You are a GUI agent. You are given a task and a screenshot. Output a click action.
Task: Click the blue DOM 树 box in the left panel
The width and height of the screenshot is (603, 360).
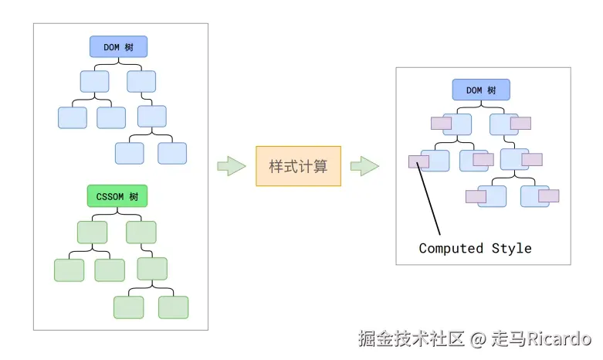[117, 47]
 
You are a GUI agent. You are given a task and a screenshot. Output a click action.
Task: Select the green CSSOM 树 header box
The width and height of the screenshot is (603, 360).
[117, 196]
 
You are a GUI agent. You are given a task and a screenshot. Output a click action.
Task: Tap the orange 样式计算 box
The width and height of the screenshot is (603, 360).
[298, 166]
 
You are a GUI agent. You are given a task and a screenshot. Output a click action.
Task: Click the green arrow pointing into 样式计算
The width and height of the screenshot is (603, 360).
[231, 166]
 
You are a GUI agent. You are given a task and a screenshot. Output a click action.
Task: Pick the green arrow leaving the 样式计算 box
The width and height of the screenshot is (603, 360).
[364, 166]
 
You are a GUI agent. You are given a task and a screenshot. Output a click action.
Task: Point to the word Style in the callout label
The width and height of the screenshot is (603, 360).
[512, 248]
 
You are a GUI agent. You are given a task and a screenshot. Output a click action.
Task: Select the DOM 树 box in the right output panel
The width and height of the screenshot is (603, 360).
[480, 90]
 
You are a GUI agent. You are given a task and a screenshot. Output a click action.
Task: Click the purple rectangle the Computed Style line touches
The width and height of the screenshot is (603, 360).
[418, 161]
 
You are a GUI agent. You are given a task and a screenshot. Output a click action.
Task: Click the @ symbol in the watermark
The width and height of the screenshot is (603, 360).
[478, 338]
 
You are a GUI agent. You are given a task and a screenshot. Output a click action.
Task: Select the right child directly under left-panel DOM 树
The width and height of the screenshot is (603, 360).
[141, 82]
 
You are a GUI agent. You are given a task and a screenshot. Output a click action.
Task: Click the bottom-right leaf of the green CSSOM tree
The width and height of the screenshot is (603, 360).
[173, 307]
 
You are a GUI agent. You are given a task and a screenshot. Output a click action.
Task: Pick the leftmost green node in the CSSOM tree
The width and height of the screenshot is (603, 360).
[69, 270]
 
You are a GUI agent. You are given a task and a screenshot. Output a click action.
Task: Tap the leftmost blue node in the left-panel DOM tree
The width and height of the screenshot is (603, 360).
[72, 117]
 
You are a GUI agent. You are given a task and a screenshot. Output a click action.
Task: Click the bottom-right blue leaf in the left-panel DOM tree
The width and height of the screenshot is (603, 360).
[172, 153]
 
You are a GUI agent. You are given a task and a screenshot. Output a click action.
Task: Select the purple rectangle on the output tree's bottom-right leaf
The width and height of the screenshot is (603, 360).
[548, 196]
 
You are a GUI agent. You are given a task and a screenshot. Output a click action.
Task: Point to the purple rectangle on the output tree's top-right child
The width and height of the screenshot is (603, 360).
[520, 123]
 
